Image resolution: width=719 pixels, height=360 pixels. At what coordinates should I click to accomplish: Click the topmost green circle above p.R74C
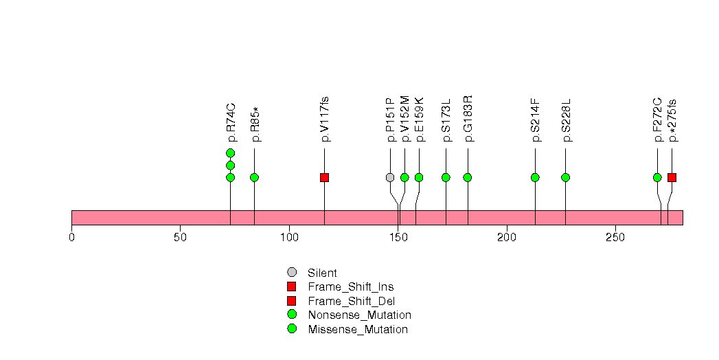(230, 153)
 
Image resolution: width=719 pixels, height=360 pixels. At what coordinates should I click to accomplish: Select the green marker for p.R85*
(254, 177)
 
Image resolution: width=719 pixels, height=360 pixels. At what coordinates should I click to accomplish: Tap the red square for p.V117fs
(324, 177)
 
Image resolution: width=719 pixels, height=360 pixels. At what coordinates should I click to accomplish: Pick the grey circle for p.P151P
(390, 177)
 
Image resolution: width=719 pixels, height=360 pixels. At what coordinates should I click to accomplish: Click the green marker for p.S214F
(535, 177)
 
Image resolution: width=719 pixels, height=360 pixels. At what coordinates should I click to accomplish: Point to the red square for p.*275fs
(672, 177)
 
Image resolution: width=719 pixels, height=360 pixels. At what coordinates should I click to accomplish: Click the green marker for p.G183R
(468, 177)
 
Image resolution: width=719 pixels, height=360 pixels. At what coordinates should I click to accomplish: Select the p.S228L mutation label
(567, 120)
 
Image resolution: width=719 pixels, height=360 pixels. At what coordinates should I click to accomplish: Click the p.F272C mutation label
(658, 120)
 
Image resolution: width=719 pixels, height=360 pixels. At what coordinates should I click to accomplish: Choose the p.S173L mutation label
(446, 120)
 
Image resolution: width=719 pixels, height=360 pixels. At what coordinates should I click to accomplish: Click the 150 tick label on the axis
(398, 238)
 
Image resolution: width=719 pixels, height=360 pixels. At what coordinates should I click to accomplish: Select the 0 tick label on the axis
(71, 238)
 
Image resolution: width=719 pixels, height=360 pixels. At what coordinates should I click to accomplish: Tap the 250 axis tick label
(615, 238)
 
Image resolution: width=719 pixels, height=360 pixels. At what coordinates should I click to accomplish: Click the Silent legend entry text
(323, 273)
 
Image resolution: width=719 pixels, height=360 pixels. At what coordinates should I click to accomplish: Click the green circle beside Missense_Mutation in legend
(292, 329)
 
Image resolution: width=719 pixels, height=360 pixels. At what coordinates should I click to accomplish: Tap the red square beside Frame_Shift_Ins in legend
(292, 286)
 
